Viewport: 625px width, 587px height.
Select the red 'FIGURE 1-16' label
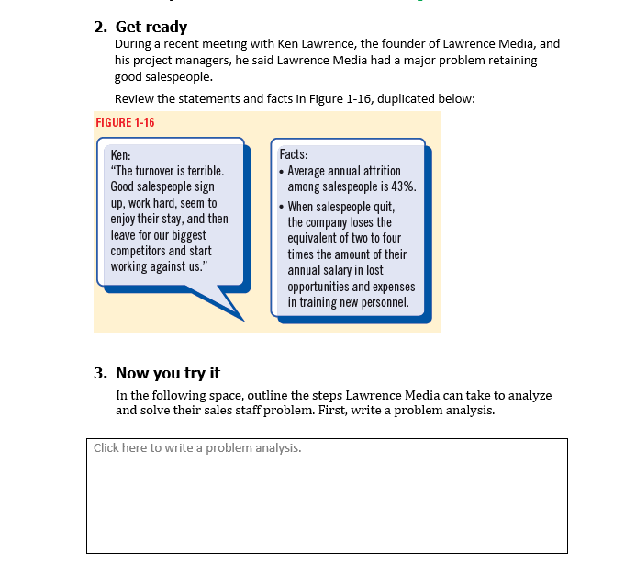[x=125, y=123]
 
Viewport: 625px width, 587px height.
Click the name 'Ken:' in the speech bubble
[x=119, y=155]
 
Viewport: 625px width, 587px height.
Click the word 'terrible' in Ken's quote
[x=203, y=171]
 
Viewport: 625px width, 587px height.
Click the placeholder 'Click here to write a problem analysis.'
[x=197, y=448]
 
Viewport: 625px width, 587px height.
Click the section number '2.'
[x=101, y=27]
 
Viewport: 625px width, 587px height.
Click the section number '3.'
[x=101, y=373]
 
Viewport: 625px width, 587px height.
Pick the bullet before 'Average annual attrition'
[x=281, y=172]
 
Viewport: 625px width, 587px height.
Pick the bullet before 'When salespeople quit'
[x=281, y=207]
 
